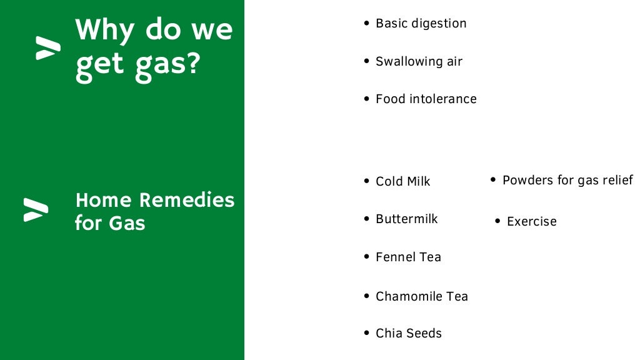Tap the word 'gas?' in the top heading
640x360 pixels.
tap(167, 65)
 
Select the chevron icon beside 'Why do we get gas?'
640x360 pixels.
tap(48, 48)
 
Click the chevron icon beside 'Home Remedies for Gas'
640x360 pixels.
tap(36, 210)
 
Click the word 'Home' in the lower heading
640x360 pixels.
tap(103, 200)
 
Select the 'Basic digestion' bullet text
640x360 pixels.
tap(421, 24)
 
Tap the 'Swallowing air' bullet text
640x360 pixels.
tap(419, 61)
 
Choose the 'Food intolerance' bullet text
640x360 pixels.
tap(426, 99)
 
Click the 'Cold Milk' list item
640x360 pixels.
tap(402, 182)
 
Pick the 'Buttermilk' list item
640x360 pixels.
tap(406, 219)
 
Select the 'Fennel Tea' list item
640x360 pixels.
tap(408, 257)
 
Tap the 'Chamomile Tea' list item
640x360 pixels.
tap(421, 296)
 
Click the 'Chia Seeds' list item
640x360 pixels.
tap(408, 334)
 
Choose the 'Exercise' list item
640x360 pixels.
tap(531, 221)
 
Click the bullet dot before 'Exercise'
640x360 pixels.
tap(497, 221)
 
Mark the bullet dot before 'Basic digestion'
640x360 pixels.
tap(367, 23)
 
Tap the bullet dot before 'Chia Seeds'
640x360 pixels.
tap(367, 333)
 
